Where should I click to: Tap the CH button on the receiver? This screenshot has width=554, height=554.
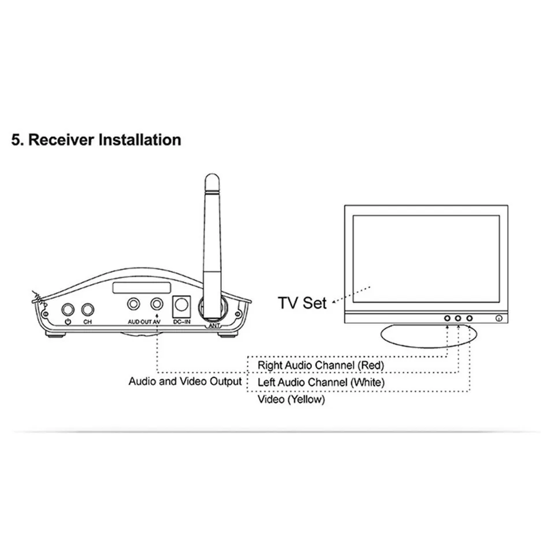click(88, 310)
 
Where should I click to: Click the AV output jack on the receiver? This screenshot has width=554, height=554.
click(157, 304)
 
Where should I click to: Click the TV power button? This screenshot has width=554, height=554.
click(499, 318)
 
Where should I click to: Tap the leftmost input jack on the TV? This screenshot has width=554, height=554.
click(447, 318)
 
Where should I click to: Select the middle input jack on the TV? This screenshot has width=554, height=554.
click(458, 318)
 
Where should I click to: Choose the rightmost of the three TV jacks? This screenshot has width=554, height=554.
click(469, 318)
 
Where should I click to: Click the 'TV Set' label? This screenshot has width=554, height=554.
click(302, 303)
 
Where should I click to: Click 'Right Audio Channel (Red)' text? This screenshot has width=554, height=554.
click(321, 365)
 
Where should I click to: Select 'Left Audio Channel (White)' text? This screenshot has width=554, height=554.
click(321, 382)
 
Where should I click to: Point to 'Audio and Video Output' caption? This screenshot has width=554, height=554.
click(185, 382)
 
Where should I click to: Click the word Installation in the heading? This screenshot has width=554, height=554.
click(140, 140)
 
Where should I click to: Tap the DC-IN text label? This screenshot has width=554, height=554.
click(182, 321)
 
